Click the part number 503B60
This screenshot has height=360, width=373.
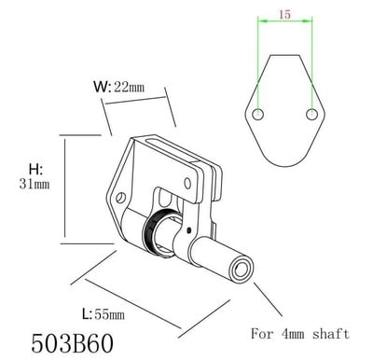73,343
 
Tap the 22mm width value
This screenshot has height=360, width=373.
129,87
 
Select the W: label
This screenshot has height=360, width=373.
103,87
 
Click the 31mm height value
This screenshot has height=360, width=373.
35,185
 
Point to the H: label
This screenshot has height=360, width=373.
35,170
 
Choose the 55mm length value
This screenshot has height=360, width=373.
109,315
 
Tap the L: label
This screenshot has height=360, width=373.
87,314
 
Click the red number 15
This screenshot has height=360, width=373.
284,14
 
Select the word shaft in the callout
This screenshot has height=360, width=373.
331,334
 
